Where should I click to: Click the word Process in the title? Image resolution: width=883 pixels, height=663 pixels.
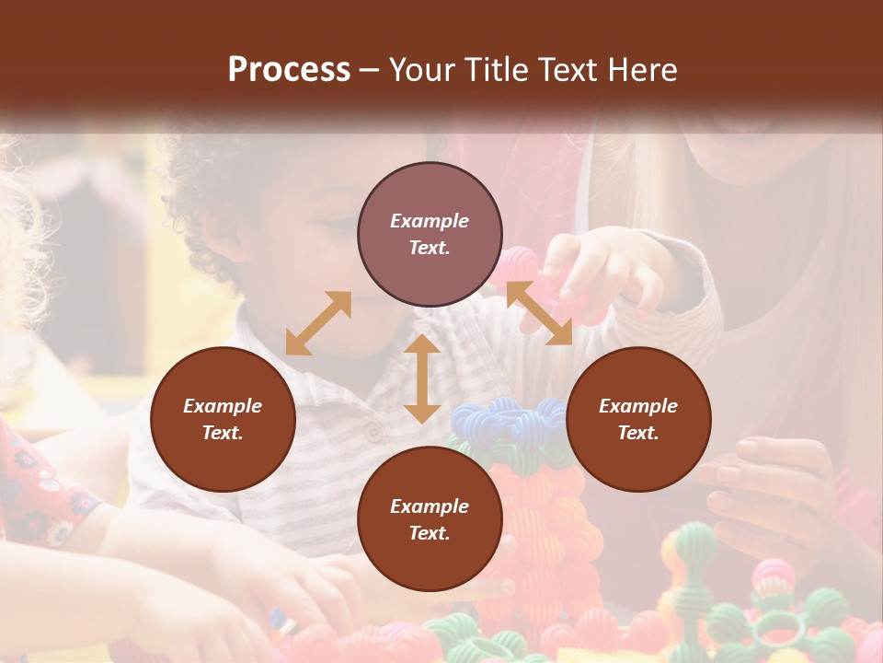[x=289, y=70]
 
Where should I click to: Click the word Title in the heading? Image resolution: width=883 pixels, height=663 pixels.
[x=489, y=70]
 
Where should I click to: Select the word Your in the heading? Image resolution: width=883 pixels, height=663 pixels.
[x=424, y=70]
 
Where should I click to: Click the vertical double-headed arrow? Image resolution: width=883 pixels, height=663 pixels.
[x=422, y=378]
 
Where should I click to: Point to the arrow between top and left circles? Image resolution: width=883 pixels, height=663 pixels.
[x=318, y=322]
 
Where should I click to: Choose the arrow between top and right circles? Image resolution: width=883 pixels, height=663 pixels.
[x=538, y=313]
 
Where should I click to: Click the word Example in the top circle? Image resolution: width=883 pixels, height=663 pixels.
[x=430, y=221]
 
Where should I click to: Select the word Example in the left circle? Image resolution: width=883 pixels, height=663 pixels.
[x=223, y=406]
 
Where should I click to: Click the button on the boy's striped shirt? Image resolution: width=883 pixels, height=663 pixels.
[x=373, y=431]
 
